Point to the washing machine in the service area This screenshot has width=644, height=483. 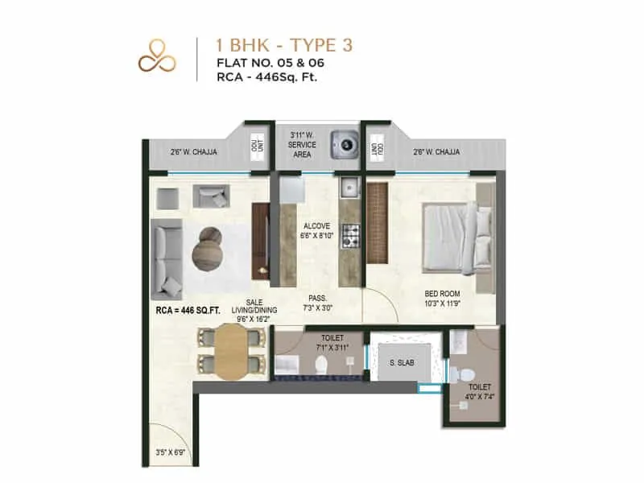point(347,145)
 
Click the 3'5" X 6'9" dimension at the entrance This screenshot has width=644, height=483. point(169,452)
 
